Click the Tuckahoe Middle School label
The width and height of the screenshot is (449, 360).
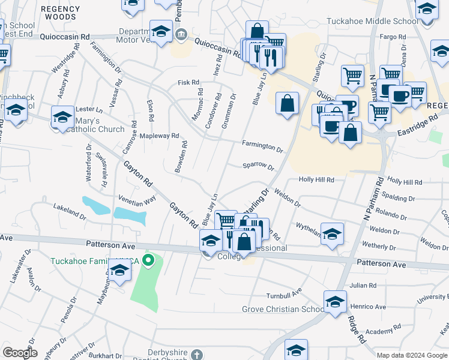(372, 22)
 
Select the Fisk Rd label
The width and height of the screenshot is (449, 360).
(188, 82)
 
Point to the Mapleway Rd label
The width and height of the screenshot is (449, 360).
(159, 136)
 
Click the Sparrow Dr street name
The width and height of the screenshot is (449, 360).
(258, 167)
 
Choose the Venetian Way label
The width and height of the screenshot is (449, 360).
(137, 199)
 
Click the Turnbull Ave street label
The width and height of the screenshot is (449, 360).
(284, 295)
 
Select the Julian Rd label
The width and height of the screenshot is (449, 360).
(364, 286)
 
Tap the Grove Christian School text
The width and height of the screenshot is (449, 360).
(283, 310)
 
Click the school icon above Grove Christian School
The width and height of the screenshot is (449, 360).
(335, 301)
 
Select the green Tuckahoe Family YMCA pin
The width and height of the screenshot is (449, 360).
(150, 260)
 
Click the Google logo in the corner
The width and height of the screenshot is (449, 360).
(20, 352)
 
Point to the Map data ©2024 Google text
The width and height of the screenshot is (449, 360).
(412, 355)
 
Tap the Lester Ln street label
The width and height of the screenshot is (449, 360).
(90, 110)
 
